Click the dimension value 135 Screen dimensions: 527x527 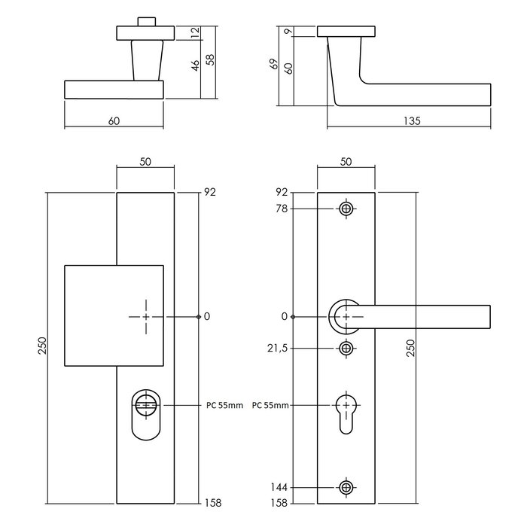410,120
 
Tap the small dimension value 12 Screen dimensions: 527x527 196,32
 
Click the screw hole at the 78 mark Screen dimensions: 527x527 346,209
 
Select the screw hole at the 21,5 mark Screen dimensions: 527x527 346,348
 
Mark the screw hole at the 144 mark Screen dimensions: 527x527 346,488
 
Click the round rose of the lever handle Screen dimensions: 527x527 344,316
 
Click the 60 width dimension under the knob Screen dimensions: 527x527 114,120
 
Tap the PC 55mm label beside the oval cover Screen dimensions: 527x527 224,405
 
